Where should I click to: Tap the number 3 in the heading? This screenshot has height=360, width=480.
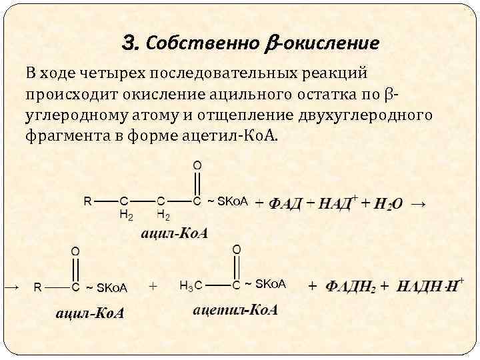pyautogui.click(x=131, y=44)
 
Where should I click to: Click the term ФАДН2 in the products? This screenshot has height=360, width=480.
pyautogui.click(x=351, y=287)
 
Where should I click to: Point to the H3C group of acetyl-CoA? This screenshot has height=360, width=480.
pyautogui.click(x=189, y=285)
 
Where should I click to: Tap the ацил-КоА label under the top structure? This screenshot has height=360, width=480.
pyautogui.click(x=174, y=233)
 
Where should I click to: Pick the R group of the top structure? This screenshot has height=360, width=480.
pyautogui.click(x=87, y=200)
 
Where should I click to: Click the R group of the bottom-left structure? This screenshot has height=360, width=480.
pyautogui.click(x=38, y=287)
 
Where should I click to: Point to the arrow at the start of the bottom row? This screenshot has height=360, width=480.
pyautogui.click(x=11, y=287)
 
